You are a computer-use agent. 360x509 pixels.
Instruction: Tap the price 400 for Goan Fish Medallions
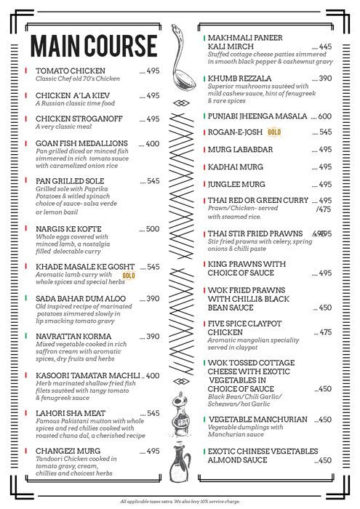pyautogui.click(x=152, y=144)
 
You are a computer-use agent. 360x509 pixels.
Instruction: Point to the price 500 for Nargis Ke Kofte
pyautogui.click(x=152, y=229)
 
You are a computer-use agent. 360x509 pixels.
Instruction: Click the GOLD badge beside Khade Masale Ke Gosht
pyautogui.click(x=129, y=276)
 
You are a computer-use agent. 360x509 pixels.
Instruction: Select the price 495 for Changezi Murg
pyautogui.click(x=152, y=452)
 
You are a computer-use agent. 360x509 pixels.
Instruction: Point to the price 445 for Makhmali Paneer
pyautogui.click(x=324, y=47)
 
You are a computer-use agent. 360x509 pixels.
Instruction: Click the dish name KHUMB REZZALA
pyautogui.click(x=240, y=78)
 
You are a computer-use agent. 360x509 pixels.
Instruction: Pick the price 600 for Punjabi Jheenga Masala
pyautogui.click(x=324, y=116)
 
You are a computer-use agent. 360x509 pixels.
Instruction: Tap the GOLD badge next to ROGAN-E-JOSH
pyautogui.click(x=275, y=132)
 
